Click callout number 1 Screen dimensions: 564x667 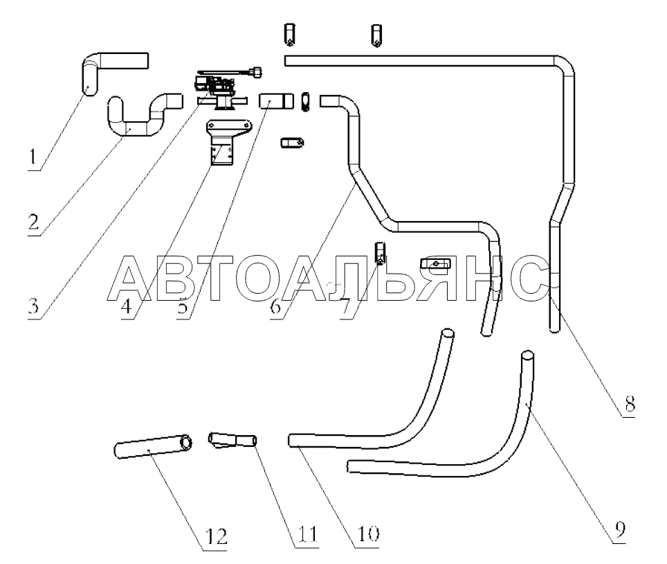coord(32,159)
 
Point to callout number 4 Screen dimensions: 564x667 coord(128,306)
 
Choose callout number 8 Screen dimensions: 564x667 coord(628,405)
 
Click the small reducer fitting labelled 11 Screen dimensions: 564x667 coord(231,441)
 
